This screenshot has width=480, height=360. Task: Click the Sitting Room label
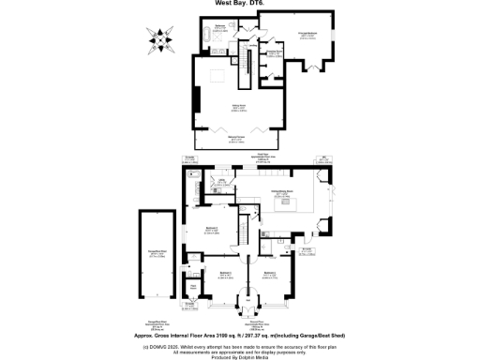tap(225, 108)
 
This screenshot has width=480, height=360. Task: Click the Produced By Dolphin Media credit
tap(240, 357)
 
